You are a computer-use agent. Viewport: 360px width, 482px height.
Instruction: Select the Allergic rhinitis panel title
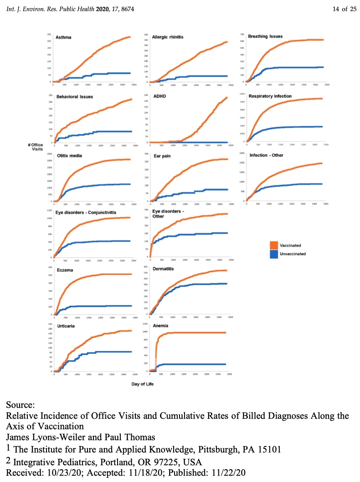pyautogui.click(x=168, y=37)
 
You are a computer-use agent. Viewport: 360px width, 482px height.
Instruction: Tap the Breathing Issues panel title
pyautogui.click(x=265, y=36)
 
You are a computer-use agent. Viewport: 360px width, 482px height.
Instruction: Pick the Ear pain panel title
pyautogui.click(x=162, y=155)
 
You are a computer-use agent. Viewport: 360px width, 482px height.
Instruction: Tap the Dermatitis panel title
pyautogui.click(x=164, y=270)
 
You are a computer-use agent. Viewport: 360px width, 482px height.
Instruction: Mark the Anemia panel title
pyautogui.click(x=161, y=326)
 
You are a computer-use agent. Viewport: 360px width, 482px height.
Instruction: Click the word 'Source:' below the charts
pyautogui.click(x=21, y=405)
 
